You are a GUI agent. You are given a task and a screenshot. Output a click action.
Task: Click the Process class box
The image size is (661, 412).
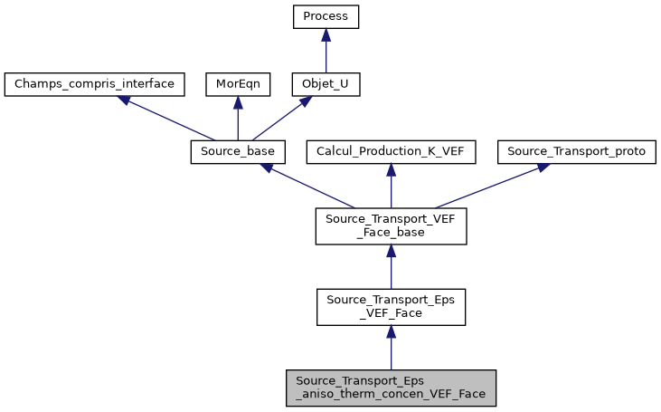click(x=326, y=17)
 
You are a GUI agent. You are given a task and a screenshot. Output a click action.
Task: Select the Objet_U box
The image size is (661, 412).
click(x=326, y=85)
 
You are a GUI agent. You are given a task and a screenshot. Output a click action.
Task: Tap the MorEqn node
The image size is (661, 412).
click(x=237, y=85)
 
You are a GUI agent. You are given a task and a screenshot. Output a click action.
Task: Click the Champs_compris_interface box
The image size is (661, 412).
click(x=95, y=85)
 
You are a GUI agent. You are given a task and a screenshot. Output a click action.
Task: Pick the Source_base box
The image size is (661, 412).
click(x=239, y=152)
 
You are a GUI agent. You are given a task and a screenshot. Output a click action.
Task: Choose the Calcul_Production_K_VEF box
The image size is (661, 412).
click(x=391, y=152)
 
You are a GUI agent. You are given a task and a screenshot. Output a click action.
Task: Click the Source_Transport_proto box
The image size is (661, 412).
click(x=577, y=152)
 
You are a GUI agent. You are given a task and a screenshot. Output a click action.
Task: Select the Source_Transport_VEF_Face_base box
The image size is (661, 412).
click(x=391, y=226)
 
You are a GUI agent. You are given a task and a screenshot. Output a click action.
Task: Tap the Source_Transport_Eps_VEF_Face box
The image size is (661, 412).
click(x=391, y=308)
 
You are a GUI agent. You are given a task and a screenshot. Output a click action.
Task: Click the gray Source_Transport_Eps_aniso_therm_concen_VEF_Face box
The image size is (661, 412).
click(x=391, y=387)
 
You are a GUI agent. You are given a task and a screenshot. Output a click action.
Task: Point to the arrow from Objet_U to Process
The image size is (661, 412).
click(x=326, y=53)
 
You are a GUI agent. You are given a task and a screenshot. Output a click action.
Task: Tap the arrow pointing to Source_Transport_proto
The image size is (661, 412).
click(x=488, y=187)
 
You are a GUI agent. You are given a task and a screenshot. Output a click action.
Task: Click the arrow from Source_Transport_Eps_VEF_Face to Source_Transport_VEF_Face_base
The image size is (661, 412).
click(x=391, y=268)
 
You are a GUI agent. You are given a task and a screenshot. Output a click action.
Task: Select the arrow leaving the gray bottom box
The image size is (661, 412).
click(x=391, y=349)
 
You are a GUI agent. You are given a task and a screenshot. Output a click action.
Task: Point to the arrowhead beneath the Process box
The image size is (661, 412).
click(x=326, y=34)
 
